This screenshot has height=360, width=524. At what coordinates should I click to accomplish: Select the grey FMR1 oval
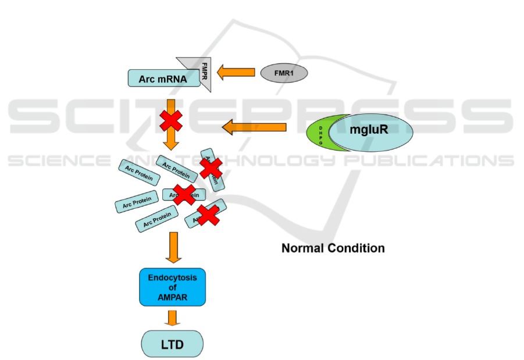pos(283,73)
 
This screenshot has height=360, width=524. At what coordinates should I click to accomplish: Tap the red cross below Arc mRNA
pos(171,119)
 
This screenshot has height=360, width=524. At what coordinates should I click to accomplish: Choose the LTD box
pos(172,344)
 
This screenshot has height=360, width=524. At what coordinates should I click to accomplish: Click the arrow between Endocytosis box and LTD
pos(172,318)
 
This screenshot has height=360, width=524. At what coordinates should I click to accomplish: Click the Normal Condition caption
pos(333,248)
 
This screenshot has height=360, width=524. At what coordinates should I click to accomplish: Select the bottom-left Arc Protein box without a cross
pos(156,219)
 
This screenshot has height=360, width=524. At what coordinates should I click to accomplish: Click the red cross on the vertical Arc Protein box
pos(211,168)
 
